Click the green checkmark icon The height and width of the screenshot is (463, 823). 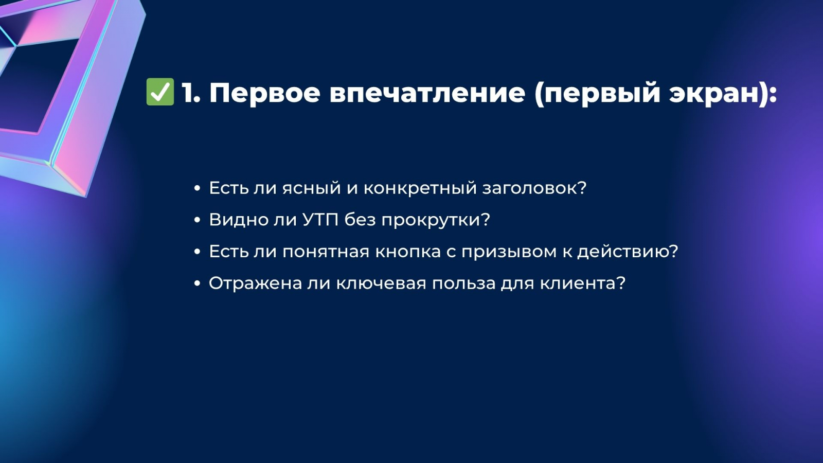160,92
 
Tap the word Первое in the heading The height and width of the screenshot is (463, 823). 264,93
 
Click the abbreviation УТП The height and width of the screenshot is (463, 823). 320,220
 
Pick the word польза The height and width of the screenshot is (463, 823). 463,283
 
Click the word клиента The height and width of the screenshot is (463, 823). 582,283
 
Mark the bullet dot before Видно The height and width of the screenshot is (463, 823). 198,220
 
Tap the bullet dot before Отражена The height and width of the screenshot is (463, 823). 198,283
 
